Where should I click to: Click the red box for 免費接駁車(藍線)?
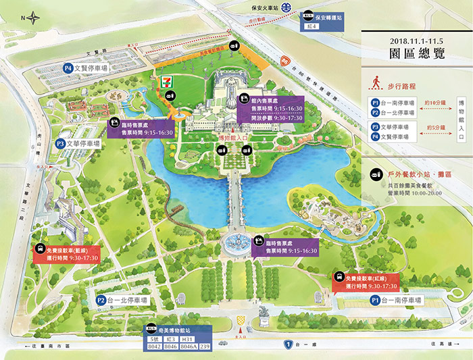67,253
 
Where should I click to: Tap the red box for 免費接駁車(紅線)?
366,282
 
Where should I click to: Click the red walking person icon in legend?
374,84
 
